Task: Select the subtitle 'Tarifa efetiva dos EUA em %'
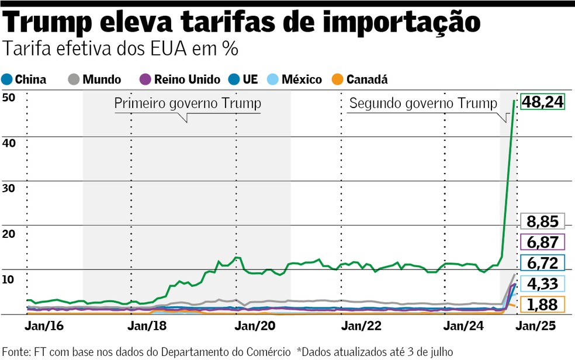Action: [x=120, y=49]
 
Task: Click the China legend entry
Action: [x=25, y=79]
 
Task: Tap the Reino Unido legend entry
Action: [x=181, y=79]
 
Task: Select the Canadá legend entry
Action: [x=361, y=79]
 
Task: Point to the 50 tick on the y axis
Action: [x=8, y=98]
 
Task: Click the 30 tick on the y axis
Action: [x=8, y=188]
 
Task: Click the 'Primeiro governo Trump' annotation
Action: [x=187, y=103]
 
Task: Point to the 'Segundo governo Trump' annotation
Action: [x=422, y=103]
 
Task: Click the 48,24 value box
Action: [x=543, y=102]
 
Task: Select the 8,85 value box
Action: [x=543, y=221]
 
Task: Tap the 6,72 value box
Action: [x=543, y=262]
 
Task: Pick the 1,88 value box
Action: [x=543, y=304]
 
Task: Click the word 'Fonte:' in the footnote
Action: [x=16, y=351]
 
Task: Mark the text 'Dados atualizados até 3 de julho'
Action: [x=377, y=351]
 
